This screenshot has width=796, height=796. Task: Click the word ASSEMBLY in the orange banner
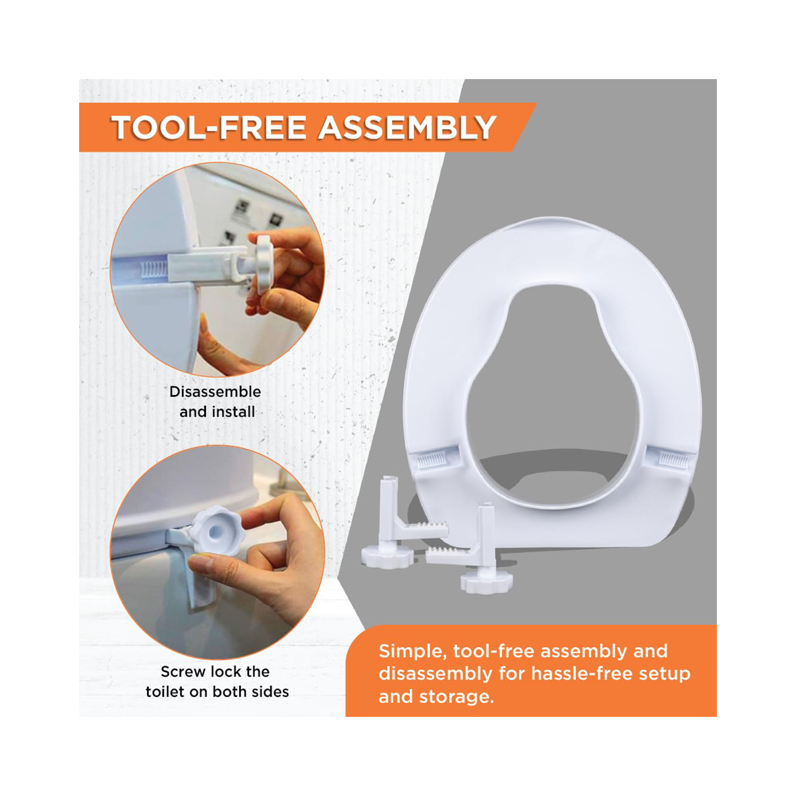408,128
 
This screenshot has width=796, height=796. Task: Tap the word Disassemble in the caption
215,392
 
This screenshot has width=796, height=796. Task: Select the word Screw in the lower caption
183,671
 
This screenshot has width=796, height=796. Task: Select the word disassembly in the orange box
435,674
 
